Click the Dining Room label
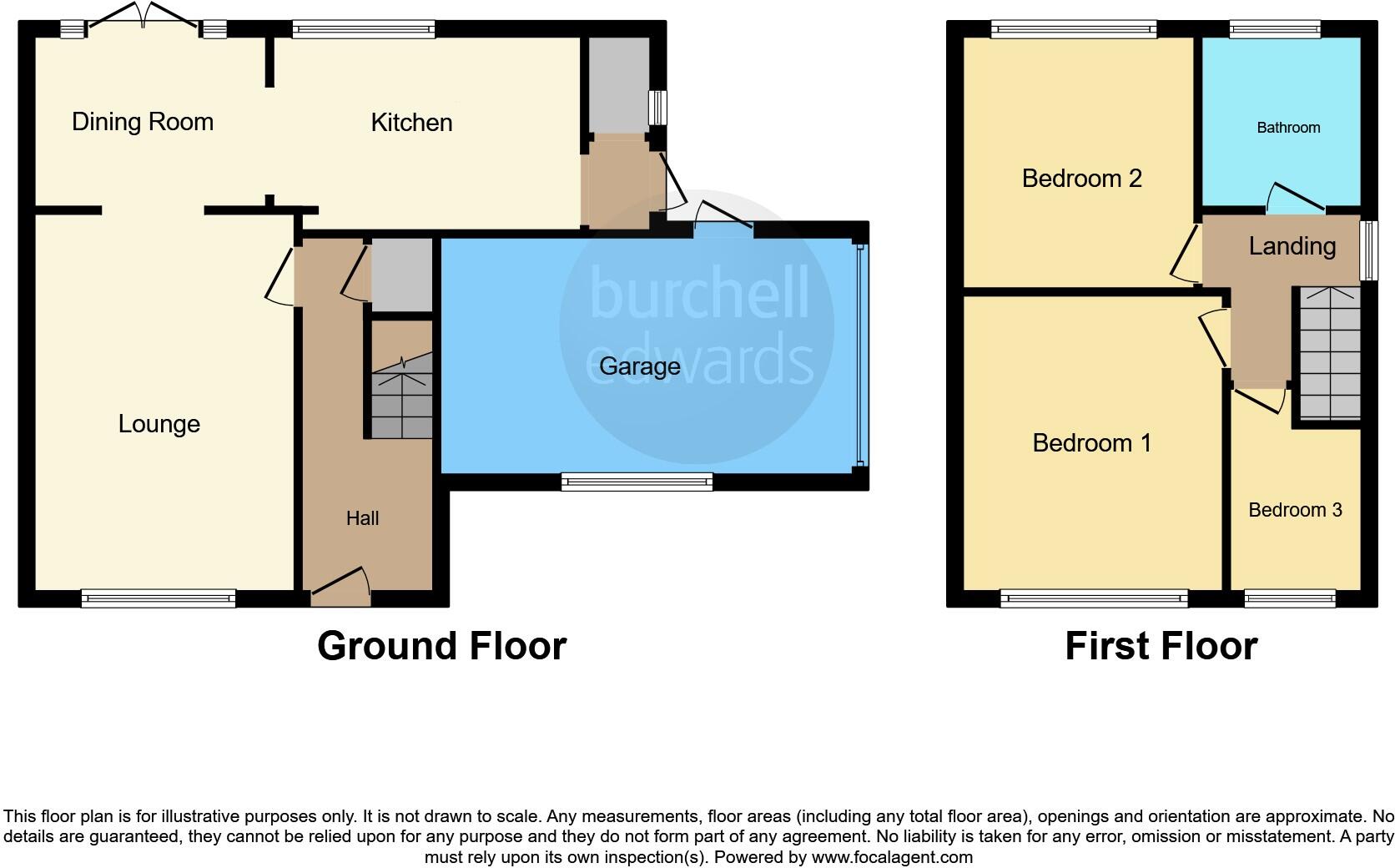tap(143, 122)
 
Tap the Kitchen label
tap(411, 123)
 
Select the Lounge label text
tap(159, 424)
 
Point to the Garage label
tap(639, 366)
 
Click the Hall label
tap(362, 518)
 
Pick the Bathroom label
tap(1288, 128)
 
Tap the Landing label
tap(1292, 246)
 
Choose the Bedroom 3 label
tap(1295, 510)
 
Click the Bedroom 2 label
tap(1081, 179)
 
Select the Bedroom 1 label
tap(1091, 442)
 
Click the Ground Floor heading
tap(441, 646)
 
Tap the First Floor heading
tap(1161, 646)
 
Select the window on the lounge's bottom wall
tap(159, 598)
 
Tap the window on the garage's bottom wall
tap(637, 482)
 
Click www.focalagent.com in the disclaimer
tap(891, 857)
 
